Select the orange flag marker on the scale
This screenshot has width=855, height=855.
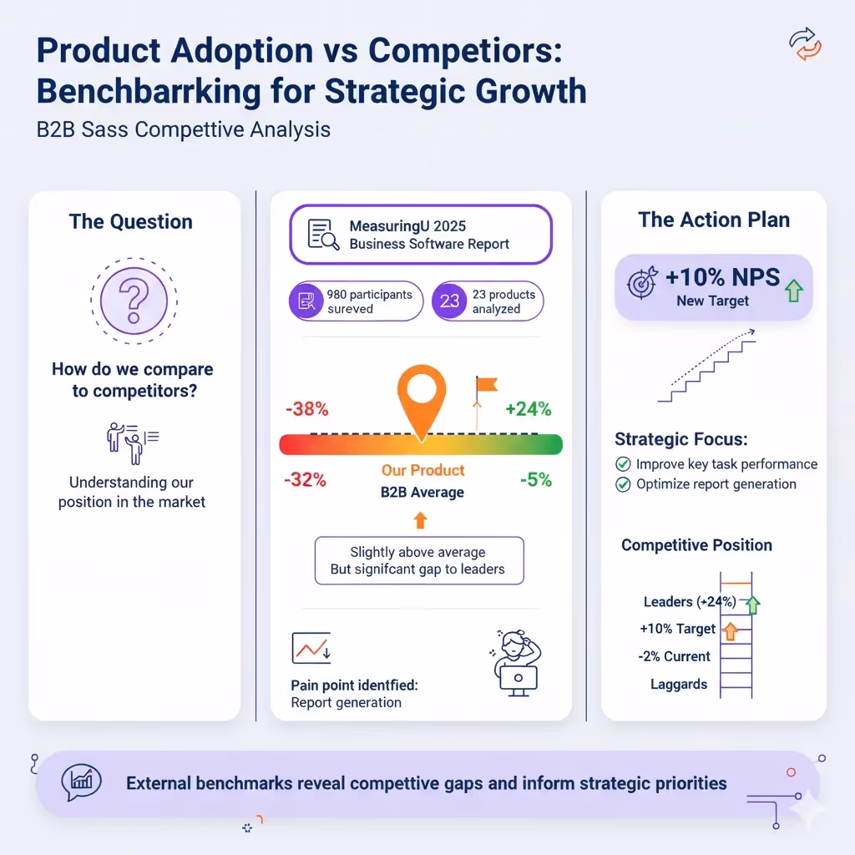coord(484,386)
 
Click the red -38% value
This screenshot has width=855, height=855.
coord(306,409)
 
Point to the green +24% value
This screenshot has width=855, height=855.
coord(528,409)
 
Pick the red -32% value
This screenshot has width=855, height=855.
coord(305,480)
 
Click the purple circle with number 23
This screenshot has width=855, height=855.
coord(450,301)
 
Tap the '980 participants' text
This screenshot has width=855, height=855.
coord(369,295)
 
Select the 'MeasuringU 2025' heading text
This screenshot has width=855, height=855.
coord(407,226)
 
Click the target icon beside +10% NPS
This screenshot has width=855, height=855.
coord(641,283)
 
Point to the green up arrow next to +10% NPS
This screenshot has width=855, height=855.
coord(793,290)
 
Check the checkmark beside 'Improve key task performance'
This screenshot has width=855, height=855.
coord(623,464)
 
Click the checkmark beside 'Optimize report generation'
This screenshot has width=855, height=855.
coord(623,484)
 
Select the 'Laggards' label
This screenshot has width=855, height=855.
coord(678,685)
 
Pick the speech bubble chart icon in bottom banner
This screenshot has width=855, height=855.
coord(81,782)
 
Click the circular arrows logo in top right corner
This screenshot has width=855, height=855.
coord(805,45)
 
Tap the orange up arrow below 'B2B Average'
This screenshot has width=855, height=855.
coord(421,521)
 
